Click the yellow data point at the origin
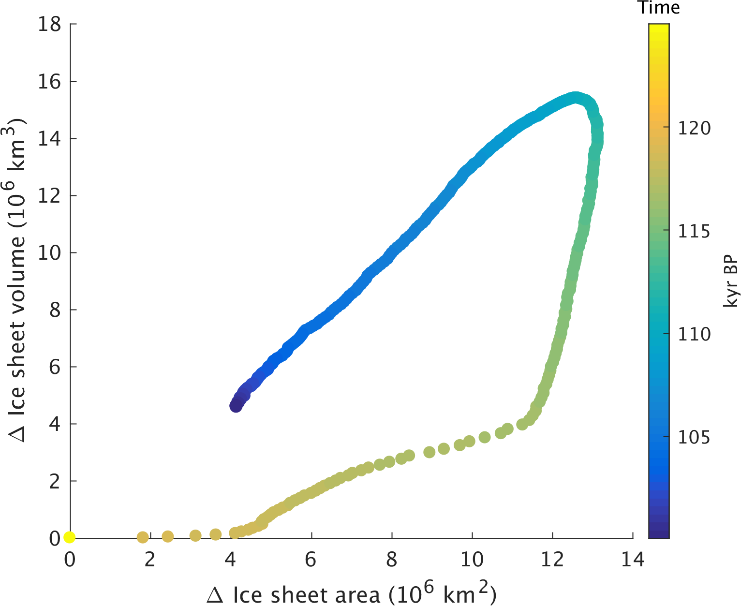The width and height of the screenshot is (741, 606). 69,537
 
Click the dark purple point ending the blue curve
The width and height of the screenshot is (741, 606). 236,406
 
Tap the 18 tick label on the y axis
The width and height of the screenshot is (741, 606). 50,24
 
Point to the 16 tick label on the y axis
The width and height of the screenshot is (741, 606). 50,81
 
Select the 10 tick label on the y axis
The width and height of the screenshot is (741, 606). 50,252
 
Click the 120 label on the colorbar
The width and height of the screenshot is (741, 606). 694,129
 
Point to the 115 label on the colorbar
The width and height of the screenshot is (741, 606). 694,231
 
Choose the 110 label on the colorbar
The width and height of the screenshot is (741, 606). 694,334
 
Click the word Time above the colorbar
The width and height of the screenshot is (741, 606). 658,8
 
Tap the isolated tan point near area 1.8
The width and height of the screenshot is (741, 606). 143,537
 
